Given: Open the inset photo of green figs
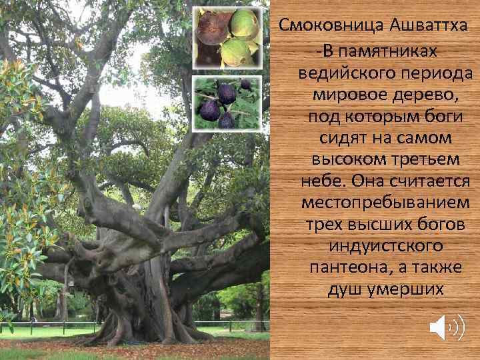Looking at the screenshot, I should click(x=227, y=37).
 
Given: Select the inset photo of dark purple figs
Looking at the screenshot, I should click(x=227, y=103).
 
